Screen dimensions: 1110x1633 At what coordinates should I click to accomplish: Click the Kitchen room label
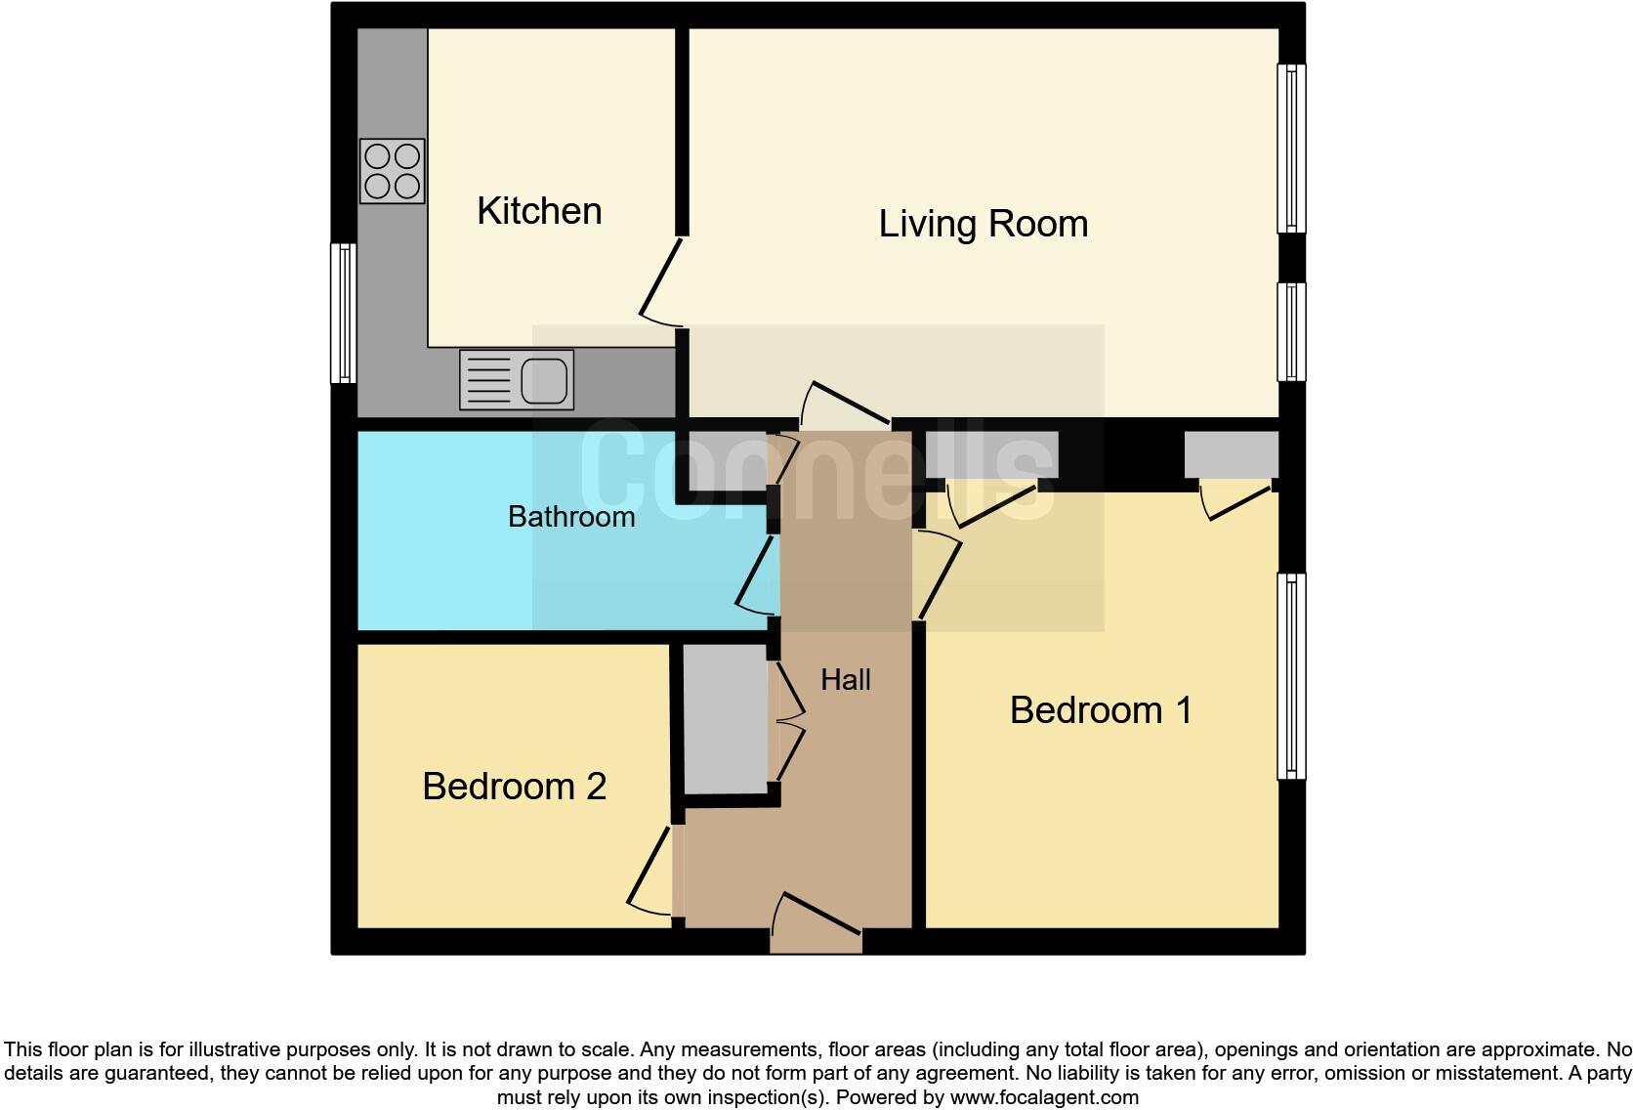(539, 211)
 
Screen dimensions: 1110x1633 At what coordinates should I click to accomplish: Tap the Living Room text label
(983, 224)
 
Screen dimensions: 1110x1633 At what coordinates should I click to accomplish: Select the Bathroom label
(571, 516)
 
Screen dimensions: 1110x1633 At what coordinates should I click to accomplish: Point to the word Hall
(845, 679)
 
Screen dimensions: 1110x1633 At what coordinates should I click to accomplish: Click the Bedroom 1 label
(1101, 710)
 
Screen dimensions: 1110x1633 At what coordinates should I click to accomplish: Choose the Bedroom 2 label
(514, 787)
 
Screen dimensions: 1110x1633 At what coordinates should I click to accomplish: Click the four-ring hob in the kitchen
(392, 171)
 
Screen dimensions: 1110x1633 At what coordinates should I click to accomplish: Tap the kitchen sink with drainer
(517, 380)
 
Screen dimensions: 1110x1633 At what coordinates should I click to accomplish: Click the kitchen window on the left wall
(343, 313)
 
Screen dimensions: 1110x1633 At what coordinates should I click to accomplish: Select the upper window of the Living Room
(1291, 149)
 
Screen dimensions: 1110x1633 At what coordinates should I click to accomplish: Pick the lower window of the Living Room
(1291, 331)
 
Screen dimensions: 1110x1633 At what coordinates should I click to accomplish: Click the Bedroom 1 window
(1291, 676)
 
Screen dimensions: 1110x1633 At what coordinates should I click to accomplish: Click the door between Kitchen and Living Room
(660, 283)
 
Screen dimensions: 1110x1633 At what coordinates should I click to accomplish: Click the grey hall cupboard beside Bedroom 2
(724, 719)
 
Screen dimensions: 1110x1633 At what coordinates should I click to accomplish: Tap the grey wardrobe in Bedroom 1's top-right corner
(1231, 454)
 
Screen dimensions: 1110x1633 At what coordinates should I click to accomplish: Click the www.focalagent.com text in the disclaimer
(1044, 1097)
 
